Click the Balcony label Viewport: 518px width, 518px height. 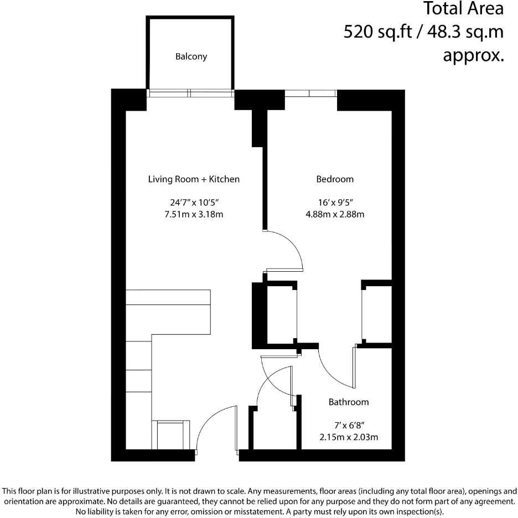191,56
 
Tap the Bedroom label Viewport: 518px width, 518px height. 335,179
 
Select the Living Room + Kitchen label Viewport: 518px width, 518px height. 194,179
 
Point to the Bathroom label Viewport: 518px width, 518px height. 349,402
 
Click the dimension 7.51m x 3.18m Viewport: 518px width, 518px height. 194,215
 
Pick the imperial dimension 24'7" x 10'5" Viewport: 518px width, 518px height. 194,203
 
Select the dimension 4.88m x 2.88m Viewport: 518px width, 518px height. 335,215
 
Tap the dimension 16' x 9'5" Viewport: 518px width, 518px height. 335,203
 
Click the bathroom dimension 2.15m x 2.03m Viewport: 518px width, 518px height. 349,438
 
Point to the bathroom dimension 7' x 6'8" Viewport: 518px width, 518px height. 349,426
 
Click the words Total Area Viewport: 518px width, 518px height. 464,9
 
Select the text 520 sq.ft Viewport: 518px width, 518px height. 376,32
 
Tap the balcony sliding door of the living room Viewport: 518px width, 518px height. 190,93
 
